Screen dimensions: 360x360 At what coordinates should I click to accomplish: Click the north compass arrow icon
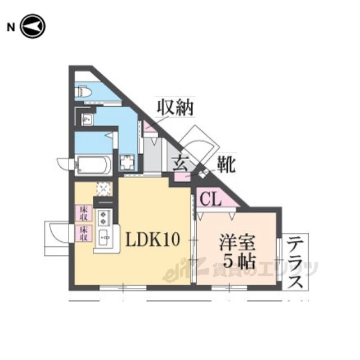[33, 26]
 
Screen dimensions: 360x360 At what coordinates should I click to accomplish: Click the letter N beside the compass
[10, 26]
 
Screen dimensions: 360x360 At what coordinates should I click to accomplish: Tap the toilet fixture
[84, 91]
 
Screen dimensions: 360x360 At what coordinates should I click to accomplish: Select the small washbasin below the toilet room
[86, 118]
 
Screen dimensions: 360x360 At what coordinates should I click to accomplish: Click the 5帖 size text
[237, 261]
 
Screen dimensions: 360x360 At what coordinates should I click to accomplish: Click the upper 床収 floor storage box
[83, 212]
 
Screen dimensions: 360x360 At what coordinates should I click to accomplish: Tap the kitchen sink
[104, 237]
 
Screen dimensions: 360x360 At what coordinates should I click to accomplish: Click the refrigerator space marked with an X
[103, 188]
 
